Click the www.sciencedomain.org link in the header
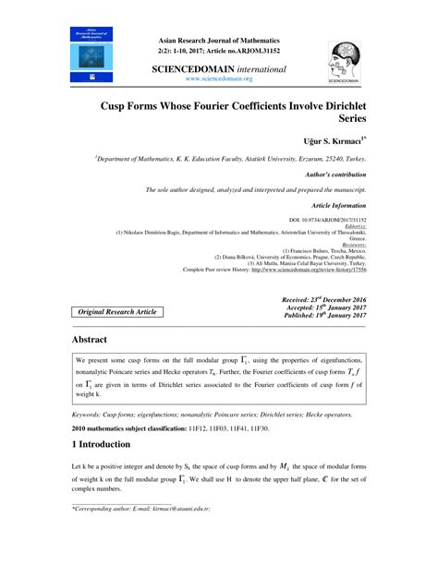pos(218,79)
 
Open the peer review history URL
pos(313,270)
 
